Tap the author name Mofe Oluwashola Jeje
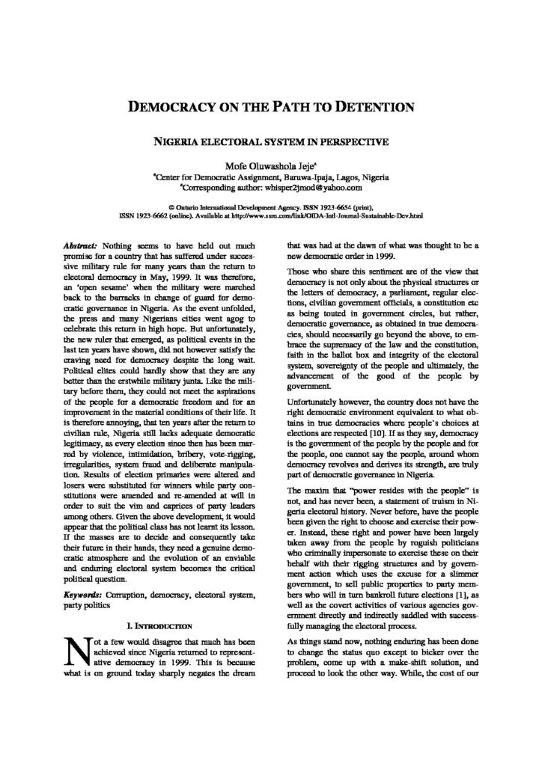pyautogui.click(x=270, y=165)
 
